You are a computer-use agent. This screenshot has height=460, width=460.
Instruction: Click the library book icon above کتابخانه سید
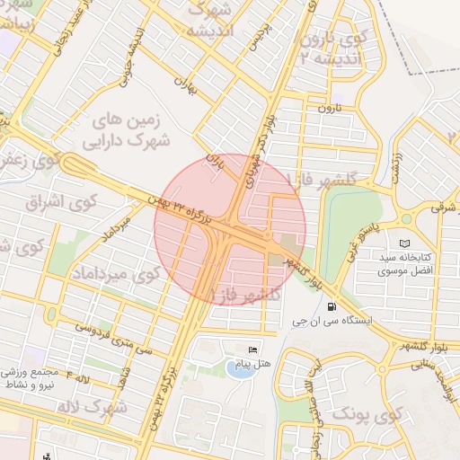pyautogui.click(x=404, y=243)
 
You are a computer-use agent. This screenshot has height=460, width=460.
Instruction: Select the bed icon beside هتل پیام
pyautogui.click(x=252, y=349)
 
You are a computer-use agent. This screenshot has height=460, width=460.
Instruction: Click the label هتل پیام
pyautogui.click(x=244, y=365)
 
